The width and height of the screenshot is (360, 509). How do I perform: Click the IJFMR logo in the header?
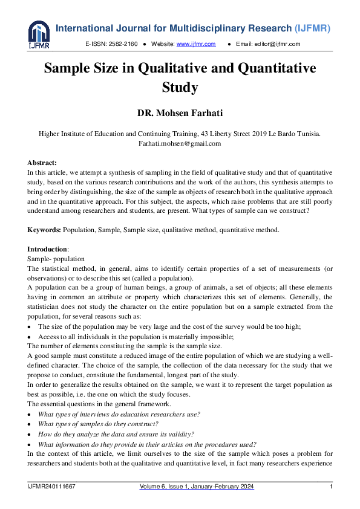pyautogui.click(x=39, y=34)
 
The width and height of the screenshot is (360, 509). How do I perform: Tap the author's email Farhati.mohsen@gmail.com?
pyautogui.click(x=180, y=143)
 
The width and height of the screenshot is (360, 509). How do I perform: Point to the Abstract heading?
pyautogui.click(x=42, y=163)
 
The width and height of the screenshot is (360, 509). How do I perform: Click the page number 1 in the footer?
pyautogui.click(x=331, y=487)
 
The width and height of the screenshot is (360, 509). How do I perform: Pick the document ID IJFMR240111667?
pyautogui.click(x=51, y=487)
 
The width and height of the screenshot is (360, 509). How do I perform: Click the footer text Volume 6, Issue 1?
pyautogui.click(x=169, y=487)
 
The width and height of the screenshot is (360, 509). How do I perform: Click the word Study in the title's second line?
pyautogui.click(x=180, y=87)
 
